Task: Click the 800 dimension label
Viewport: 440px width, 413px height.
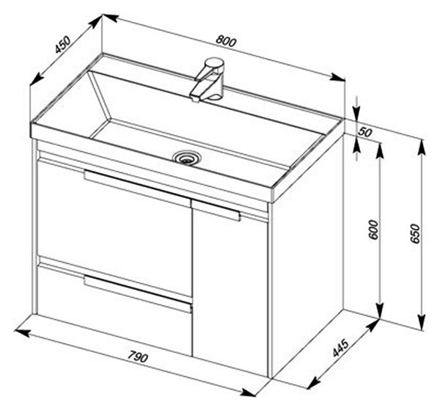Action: (x=226, y=41)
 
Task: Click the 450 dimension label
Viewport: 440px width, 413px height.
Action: (x=62, y=45)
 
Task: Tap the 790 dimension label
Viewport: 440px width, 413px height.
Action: (x=138, y=357)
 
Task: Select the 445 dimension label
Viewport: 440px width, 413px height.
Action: (x=340, y=348)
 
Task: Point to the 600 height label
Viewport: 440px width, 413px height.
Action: (x=373, y=230)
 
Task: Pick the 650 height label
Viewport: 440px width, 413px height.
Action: (x=414, y=234)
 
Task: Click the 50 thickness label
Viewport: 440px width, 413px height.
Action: (x=364, y=132)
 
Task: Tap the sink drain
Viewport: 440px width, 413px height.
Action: (x=186, y=158)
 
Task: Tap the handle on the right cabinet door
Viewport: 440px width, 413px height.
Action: (x=216, y=211)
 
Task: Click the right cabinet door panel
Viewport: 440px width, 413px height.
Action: (x=231, y=288)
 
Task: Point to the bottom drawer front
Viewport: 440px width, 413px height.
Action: (x=115, y=310)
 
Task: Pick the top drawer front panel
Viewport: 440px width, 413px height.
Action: (x=115, y=228)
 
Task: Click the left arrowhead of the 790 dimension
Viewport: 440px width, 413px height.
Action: (x=22, y=332)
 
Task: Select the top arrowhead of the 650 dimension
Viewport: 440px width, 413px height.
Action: (x=422, y=147)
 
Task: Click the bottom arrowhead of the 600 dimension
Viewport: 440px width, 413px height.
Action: (x=380, y=311)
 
